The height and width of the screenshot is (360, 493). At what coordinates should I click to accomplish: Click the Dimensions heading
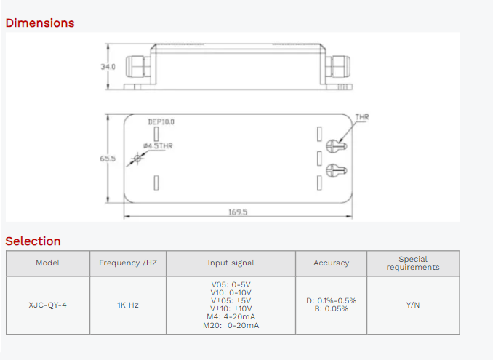click(x=40, y=23)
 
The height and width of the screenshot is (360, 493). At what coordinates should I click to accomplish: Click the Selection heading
click(x=33, y=241)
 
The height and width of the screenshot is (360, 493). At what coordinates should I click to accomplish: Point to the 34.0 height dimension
click(x=108, y=67)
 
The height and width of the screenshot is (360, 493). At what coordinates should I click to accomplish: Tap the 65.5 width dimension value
click(x=108, y=159)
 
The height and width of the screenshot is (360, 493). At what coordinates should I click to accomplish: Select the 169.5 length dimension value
click(x=238, y=212)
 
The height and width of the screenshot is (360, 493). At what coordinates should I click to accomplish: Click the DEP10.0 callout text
click(x=161, y=121)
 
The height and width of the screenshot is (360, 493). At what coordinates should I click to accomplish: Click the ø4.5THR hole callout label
click(x=158, y=146)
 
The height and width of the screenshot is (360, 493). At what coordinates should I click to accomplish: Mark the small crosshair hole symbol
click(x=137, y=158)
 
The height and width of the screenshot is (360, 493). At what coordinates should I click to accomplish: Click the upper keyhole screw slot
click(x=337, y=146)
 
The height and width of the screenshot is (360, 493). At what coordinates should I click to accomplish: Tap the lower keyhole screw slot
click(x=337, y=170)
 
